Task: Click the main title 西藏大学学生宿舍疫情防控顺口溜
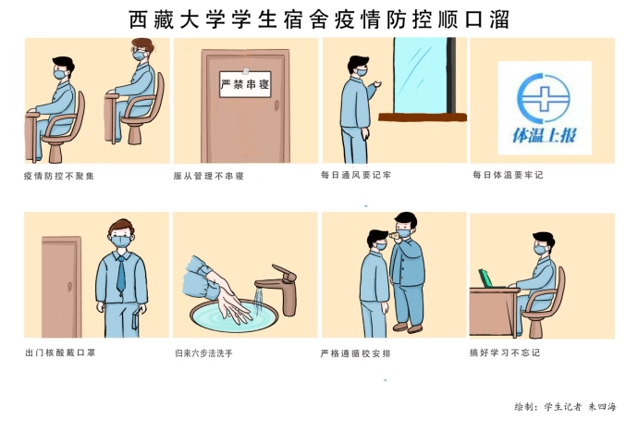tap(319, 19)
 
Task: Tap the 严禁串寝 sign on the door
tap(245, 83)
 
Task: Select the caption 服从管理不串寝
tap(208, 175)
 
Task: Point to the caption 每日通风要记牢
tap(356, 175)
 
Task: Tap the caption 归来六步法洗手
tap(208, 353)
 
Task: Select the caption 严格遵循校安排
tap(356, 353)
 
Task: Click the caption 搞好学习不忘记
tap(504, 353)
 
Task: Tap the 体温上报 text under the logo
tap(544, 135)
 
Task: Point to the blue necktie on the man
tap(119, 274)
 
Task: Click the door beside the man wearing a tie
tap(61, 283)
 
